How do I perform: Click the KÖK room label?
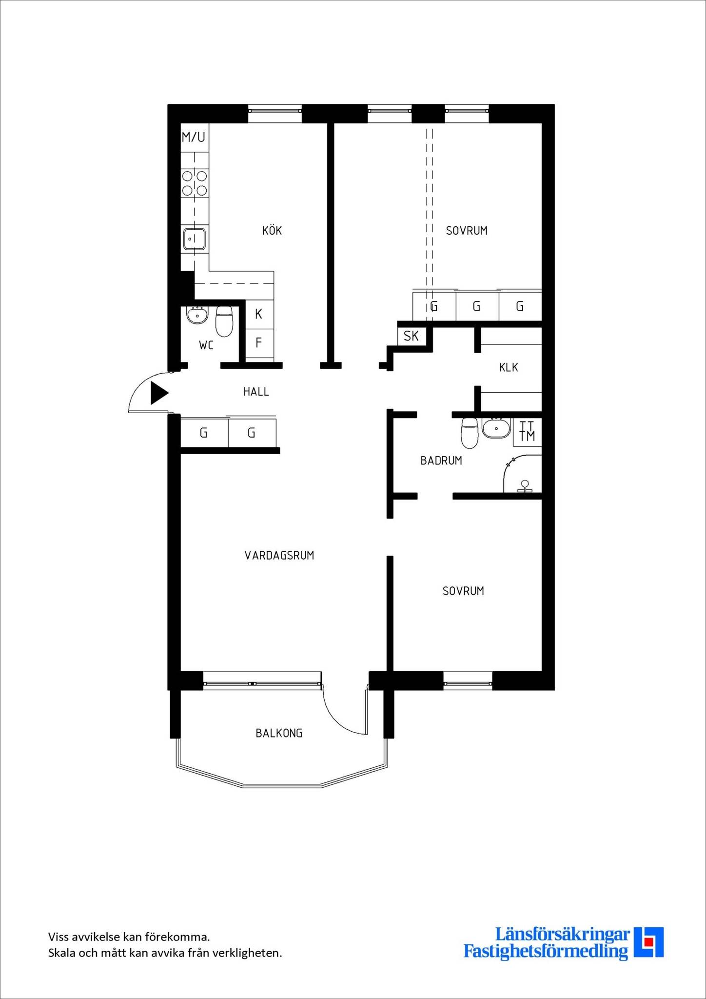click(x=272, y=230)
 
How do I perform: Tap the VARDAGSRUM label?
click(x=279, y=555)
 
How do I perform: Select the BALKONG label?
click(x=279, y=733)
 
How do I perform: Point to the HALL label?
click(x=256, y=392)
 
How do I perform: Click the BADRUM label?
click(x=441, y=460)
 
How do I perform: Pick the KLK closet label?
click(x=509, y=368)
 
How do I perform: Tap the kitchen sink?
click(x=195, y=240)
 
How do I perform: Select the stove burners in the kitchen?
click(x=195, y=183)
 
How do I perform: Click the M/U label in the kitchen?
click(x=194, y=137)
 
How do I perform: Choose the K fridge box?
click(x=259, y=314)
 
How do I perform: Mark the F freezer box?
click(x=259, y=343)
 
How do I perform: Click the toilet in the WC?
click(x=224, y=321)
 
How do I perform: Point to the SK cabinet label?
click(x=411, y=336)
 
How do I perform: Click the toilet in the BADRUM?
click(x=470, y=433)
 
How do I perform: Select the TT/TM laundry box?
click(x=527, y=432)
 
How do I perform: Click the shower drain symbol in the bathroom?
click(x=525, y=486)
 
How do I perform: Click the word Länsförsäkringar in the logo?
click(x=562, y=935)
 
